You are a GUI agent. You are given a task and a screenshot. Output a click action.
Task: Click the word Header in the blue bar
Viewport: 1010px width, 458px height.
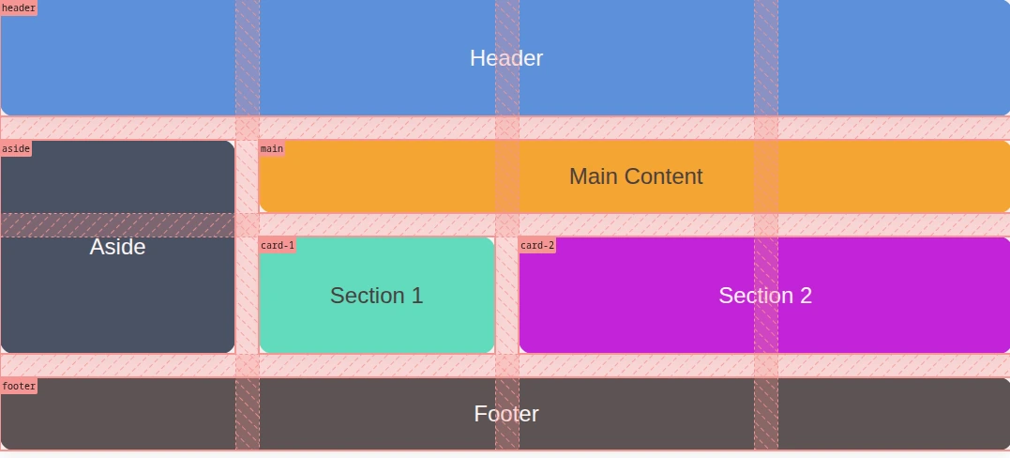506,58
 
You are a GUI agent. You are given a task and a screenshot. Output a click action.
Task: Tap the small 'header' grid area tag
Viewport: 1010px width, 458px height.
19,8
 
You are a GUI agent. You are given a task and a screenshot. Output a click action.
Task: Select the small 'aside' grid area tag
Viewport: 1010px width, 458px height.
16,148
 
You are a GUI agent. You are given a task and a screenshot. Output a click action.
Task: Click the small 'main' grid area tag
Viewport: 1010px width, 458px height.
272,148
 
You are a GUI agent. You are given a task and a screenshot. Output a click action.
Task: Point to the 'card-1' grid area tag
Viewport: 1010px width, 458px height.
278,246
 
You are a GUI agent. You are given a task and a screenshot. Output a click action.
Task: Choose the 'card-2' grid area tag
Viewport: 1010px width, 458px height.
537,246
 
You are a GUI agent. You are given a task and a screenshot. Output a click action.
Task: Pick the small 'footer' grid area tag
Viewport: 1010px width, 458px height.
19,386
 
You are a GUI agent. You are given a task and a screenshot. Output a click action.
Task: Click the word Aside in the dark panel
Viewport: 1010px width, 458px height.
117,247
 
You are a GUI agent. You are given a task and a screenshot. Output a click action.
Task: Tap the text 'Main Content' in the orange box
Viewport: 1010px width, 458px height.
636,176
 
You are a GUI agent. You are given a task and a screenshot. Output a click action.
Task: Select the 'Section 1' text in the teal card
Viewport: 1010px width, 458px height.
376,296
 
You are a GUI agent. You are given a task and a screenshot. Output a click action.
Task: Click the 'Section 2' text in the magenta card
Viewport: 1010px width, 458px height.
765,296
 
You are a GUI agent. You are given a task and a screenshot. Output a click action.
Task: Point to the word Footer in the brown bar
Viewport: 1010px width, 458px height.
506,414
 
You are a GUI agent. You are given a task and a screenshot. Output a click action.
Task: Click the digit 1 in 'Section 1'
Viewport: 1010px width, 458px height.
417,296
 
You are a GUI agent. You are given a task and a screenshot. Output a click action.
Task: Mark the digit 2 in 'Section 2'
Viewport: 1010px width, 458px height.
806,296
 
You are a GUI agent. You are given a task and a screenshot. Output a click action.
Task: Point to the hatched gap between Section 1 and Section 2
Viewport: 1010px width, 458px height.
506,296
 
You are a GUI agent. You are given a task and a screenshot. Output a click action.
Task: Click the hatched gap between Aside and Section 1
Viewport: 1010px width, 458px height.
247,296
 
